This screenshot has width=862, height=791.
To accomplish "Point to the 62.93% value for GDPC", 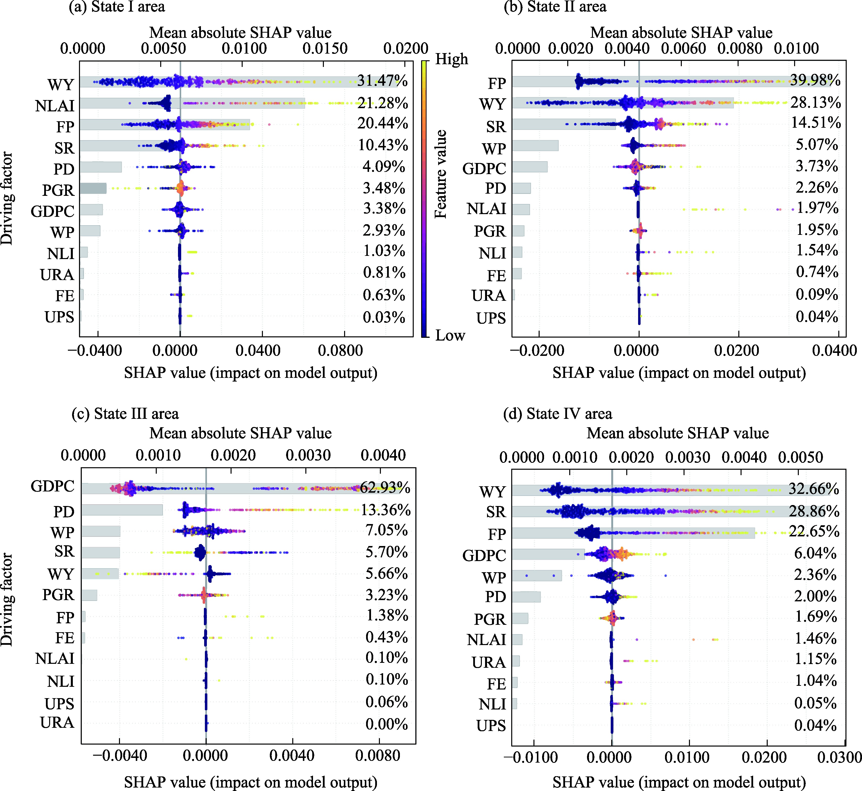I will (385, 487).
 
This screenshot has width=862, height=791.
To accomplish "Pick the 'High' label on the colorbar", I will (451, 59).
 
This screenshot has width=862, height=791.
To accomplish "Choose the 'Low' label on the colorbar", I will (450, 335).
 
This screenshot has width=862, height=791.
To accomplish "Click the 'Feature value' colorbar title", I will (441, 174).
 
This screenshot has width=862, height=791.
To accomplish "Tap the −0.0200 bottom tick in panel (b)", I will (538, 351).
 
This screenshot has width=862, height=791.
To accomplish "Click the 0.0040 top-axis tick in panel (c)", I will (383, 455).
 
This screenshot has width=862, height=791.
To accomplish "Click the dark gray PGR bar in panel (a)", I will (93, 188).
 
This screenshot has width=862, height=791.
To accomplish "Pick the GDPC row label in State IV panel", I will (484, 556).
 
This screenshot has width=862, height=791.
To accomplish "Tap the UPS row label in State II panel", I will (491, 319).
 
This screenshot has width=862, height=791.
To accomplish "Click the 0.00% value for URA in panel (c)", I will (386, 724).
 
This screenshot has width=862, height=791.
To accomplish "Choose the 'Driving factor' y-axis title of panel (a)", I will (7, 198).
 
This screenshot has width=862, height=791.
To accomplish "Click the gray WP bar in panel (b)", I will (535, 145).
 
